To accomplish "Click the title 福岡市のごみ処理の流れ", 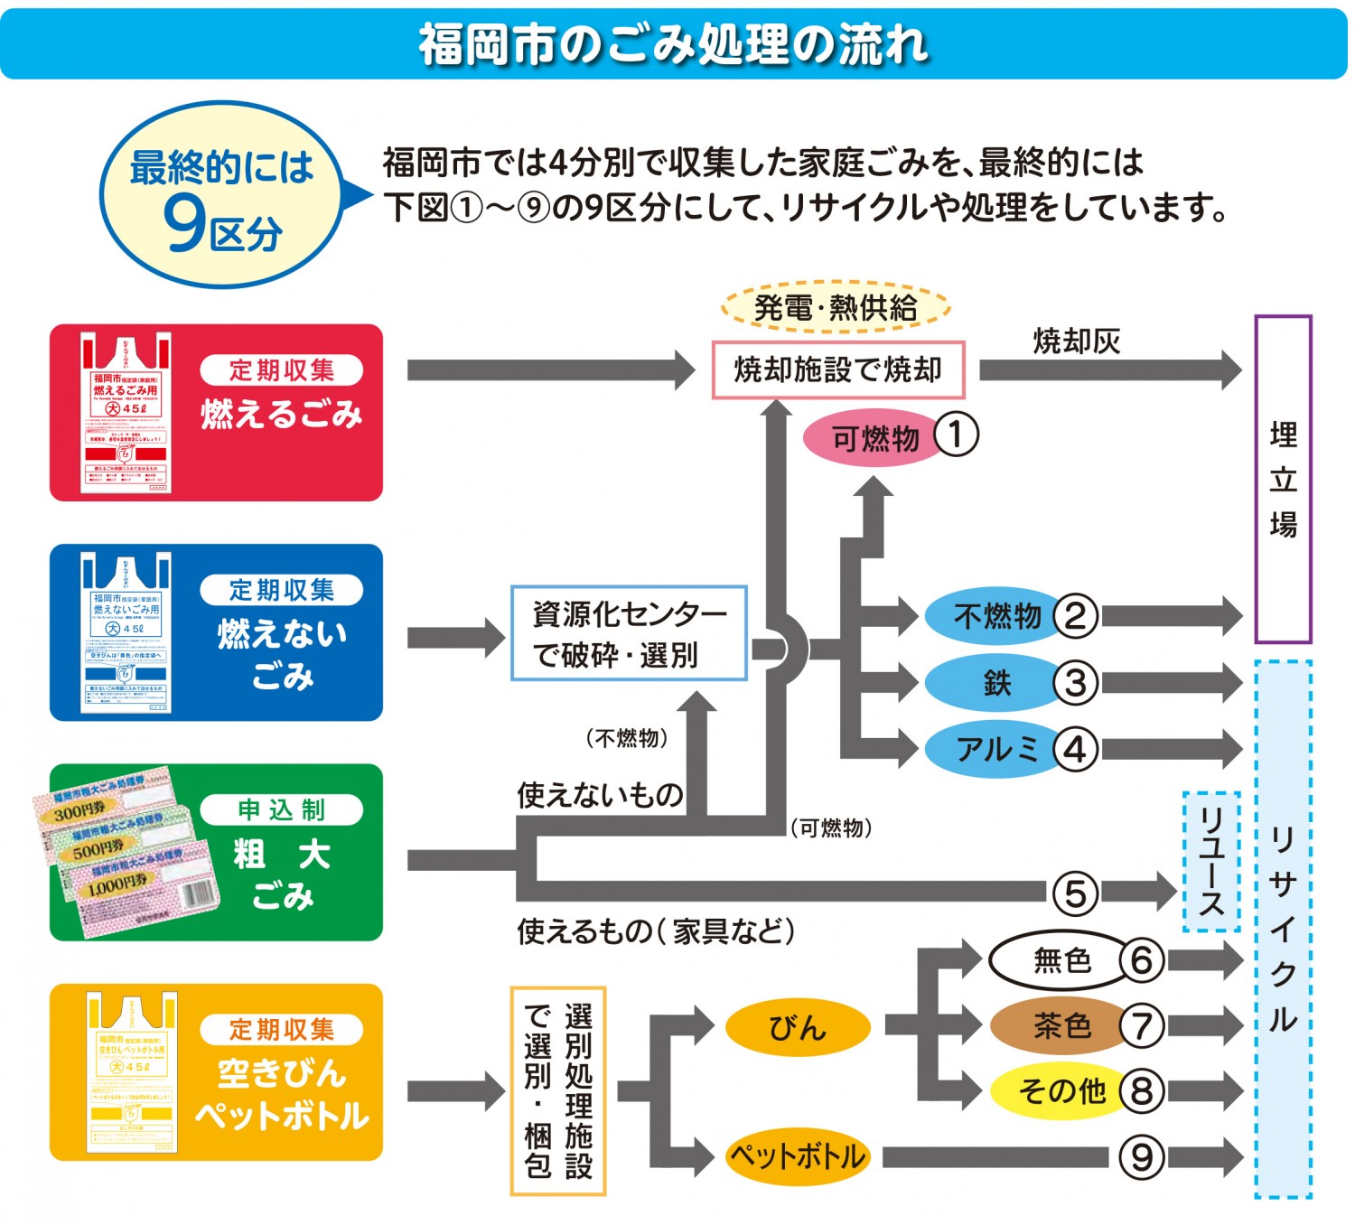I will pos(673,43).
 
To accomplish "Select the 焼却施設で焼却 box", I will pos(837,369).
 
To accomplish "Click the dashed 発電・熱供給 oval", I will pos(836,308).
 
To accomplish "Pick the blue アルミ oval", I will pos(994,749).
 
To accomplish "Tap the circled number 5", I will pos(1075,893).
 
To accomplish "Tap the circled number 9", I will pos(1142,1157).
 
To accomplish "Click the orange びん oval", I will pos(798,1027).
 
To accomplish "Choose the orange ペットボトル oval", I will pos(798,1156).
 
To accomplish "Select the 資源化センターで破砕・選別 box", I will pos(629,633).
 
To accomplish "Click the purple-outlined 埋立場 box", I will pos(1283,479).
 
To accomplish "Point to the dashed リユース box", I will pos(1210,862).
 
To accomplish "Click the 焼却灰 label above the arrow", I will pos(1077,341).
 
